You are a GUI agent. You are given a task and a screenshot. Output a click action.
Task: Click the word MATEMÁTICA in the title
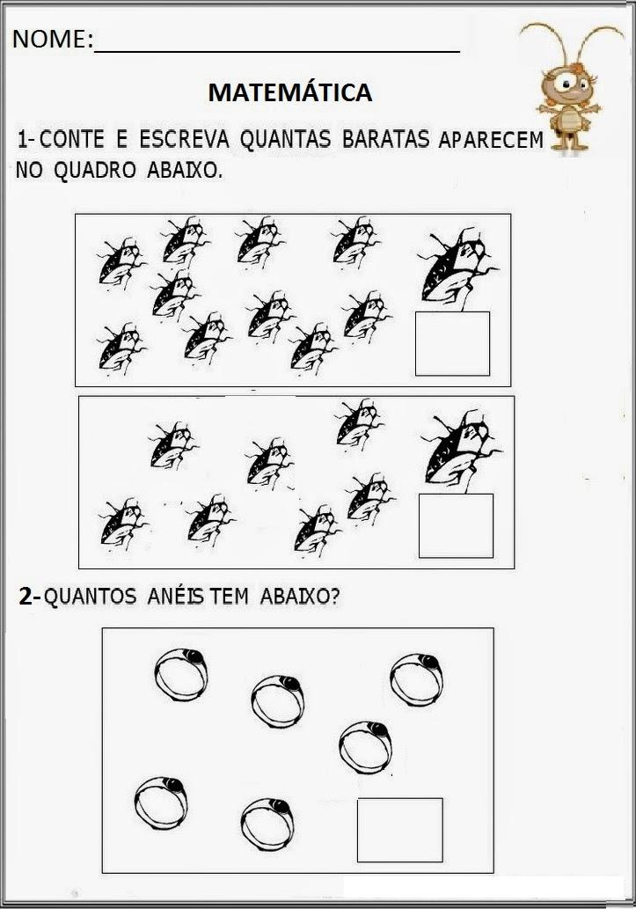click(290, 92)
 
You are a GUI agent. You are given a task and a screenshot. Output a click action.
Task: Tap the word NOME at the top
click(49, 39)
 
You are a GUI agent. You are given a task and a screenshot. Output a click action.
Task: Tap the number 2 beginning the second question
click(26, 597)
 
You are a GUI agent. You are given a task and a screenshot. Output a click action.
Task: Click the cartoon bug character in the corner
click(563, 88)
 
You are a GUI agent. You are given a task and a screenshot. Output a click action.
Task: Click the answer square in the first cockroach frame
click(452, 343)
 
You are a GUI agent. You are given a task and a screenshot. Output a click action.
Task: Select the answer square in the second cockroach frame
click(456, 525)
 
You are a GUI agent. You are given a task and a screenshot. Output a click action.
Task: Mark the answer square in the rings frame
click(399, 830)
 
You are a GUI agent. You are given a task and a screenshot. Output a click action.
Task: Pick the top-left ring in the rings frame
click(182, 672)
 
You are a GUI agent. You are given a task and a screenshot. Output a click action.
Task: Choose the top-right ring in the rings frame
click(416, 678)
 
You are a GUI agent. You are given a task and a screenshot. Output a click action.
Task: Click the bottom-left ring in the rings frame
click(162, 802)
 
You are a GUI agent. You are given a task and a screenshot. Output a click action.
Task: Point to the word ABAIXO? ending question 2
click(300, 597)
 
